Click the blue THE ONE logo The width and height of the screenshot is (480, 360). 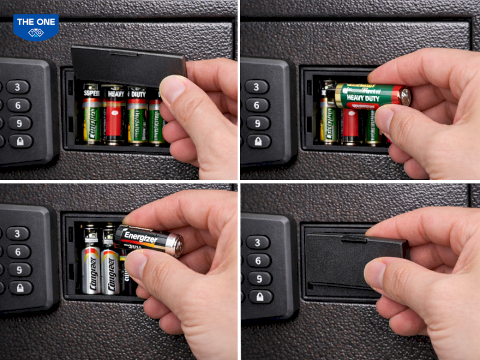[x=35, y=26]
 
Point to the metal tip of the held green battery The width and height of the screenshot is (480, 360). [x=406, y=97]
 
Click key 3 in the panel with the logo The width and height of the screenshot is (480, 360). [x=18, y=87]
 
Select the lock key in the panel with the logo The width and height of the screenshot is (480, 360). [x=20, y=142]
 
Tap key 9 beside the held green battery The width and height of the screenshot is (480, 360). [x=257, y=123]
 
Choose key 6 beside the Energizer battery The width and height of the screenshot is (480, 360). [x=19, y=251]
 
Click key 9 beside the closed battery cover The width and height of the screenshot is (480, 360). [x=260, y=278]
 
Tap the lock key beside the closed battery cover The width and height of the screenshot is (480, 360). [x=260, y=296]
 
